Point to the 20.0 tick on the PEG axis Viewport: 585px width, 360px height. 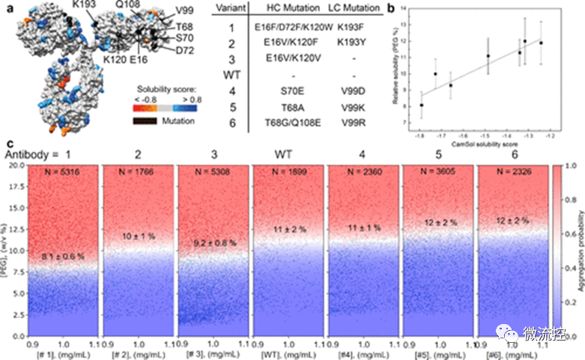click(16, 165)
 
